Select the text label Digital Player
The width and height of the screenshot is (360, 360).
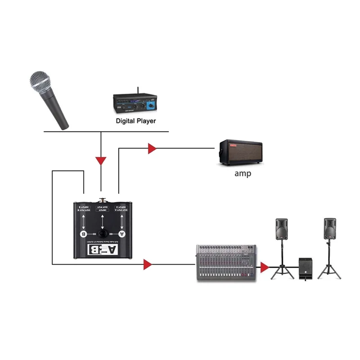tap(135, 121)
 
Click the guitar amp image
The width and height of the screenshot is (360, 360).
tap(241, 153)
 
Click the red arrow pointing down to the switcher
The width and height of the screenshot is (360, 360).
tap(102, 160)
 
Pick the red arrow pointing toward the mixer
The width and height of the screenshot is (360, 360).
tap(147, 264)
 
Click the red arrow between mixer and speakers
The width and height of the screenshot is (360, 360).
tap(265, 267)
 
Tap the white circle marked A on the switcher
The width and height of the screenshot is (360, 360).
tap(121, 234)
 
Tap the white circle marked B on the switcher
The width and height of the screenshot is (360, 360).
tap(83, 234)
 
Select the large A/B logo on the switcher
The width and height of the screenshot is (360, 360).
tap(103, 250)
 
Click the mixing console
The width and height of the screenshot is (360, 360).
tap(226, 264)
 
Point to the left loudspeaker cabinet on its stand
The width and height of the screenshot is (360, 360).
tap(282, 230)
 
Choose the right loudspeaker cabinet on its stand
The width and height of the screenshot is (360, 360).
tap(330, 230)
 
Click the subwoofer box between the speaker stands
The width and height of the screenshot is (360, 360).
tap(306, 269)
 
